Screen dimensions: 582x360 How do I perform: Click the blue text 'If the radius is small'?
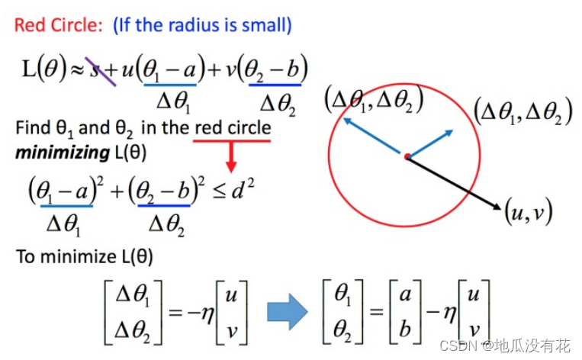[x=201, y=24]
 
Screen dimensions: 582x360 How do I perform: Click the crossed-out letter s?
[x=98, y=70]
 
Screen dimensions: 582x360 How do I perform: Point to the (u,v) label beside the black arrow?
[x=529, y=210]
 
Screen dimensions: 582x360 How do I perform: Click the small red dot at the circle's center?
[x=407, y=156]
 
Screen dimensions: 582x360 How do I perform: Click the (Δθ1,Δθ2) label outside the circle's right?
[x=523, y=111]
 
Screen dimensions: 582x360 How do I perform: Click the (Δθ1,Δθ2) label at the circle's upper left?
[x=374, y=98]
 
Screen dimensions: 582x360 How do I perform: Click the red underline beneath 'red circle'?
[x=232, y=140]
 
